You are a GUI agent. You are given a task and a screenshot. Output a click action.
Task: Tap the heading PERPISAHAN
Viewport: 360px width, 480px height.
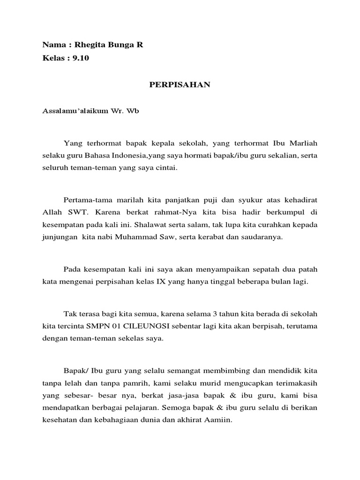(180, 85)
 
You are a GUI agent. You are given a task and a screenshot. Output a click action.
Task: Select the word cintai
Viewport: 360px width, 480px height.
(168, 167)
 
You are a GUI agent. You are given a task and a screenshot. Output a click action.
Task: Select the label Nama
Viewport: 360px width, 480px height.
(52, 45)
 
